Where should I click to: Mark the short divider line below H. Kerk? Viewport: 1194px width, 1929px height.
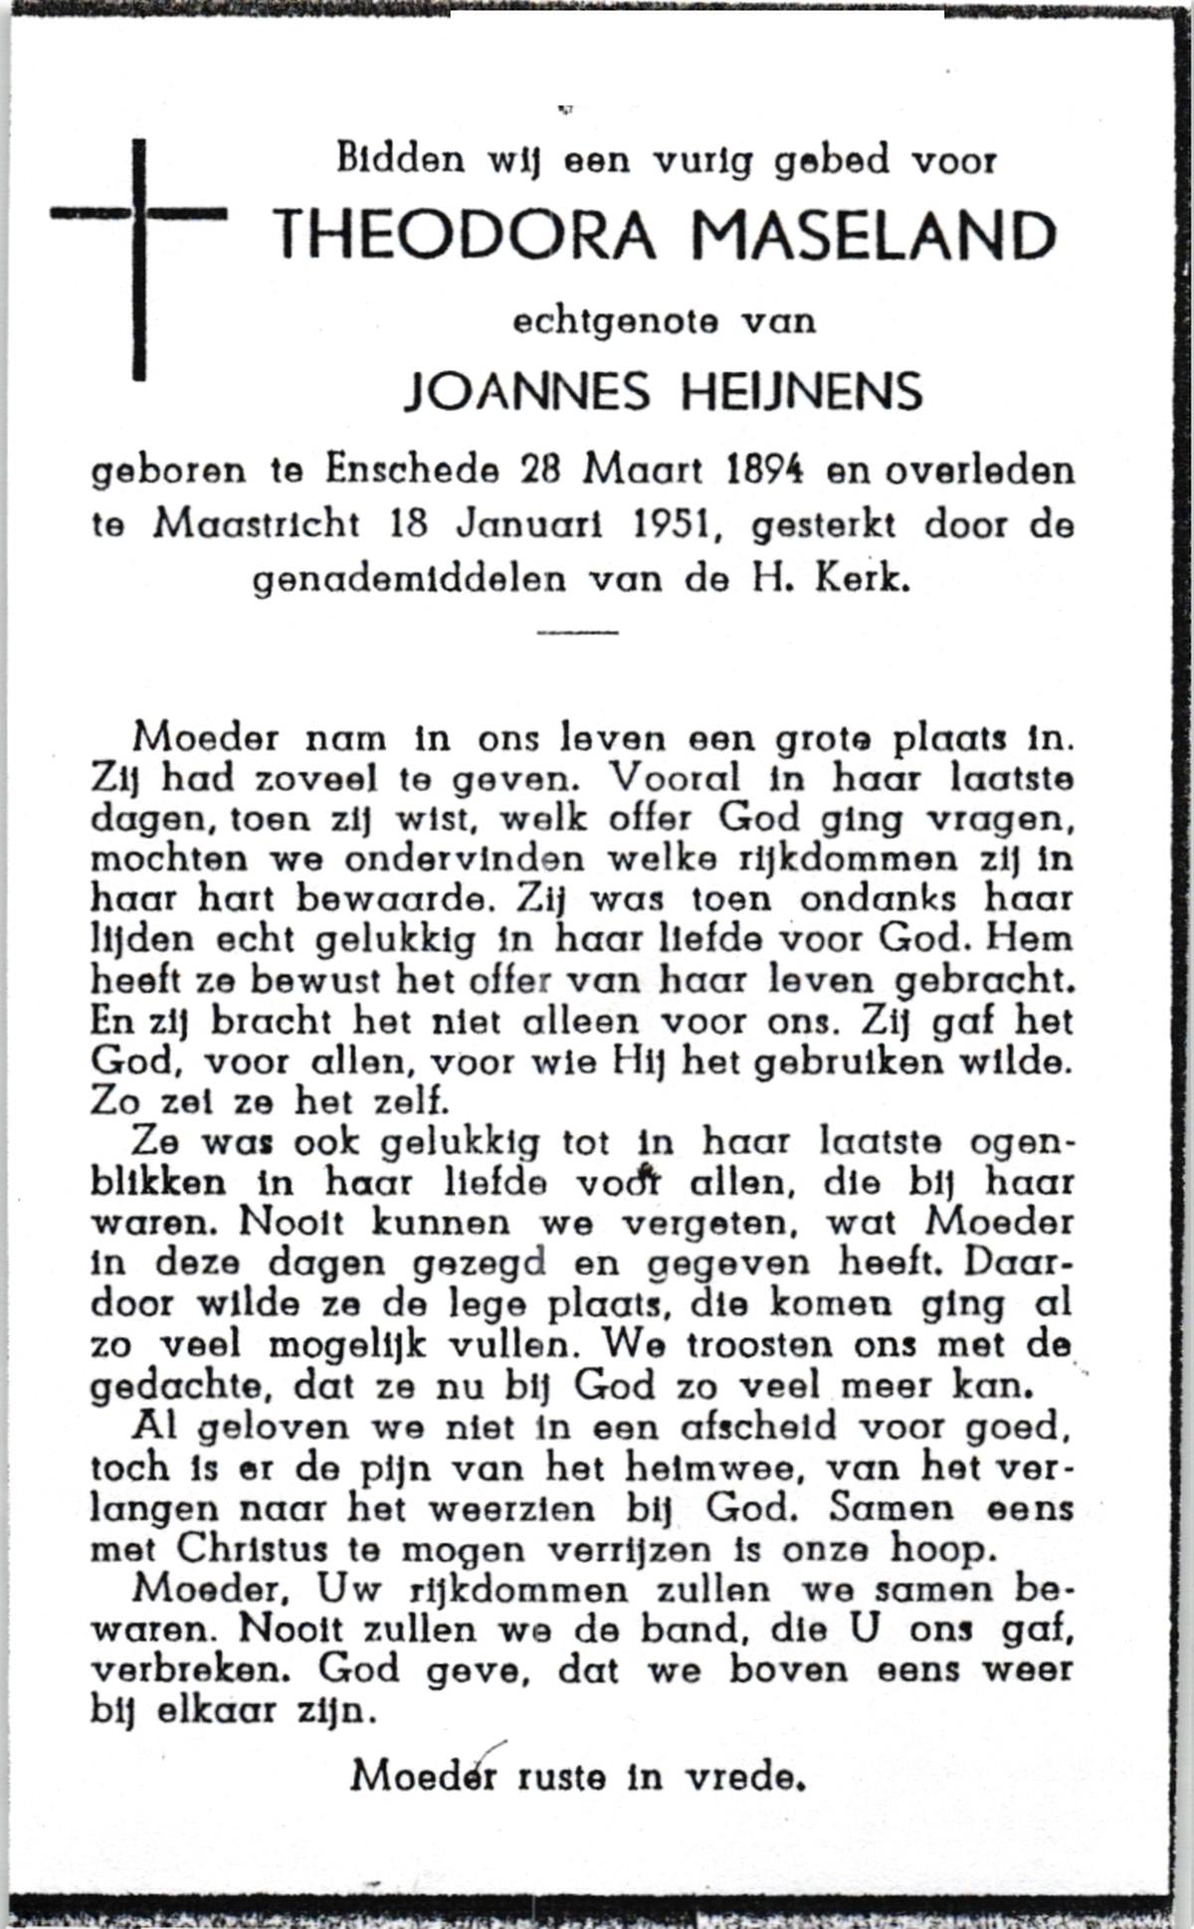pyautogui.click(x=577, y=632)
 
